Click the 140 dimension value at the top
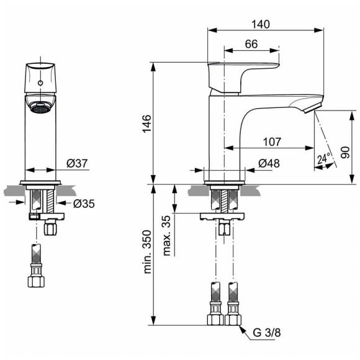261,24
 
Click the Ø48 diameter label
267,164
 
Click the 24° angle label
323,159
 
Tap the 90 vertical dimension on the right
345,149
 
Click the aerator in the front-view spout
40,107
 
